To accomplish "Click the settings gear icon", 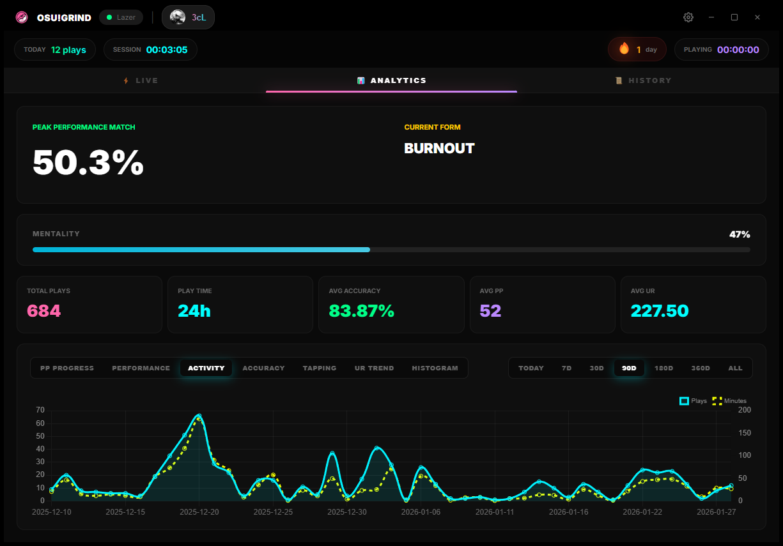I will click(x=688, y=17).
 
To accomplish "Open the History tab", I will click(x=643, y=80).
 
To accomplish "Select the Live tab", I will click(x=140, y=80).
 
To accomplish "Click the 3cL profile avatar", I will click(x=178, y=17).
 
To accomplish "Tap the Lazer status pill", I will click(x=121, y=17).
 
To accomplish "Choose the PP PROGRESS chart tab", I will click(x=67, y=368).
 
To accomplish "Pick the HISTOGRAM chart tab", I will click(x=435, y=368).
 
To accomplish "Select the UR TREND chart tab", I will click(x=374, y=368).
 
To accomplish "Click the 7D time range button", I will click(x=566, y=368).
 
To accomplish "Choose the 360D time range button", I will click(x=701, y=368).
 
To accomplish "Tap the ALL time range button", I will click(x=735, y=368).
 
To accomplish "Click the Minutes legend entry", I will click(x=729, y=401).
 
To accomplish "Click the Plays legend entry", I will click(x=693, y=401).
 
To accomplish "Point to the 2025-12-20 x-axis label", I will click(x=199, y=512).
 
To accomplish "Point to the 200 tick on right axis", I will click(x=744, y=410).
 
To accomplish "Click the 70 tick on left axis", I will click(x=40, y=410).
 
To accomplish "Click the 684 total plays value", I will click(x=44, y=311).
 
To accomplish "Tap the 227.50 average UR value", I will click(x=660, y=311).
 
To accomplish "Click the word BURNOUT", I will click(x=439, y=148).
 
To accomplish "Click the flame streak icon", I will click(x=624, y=49).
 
